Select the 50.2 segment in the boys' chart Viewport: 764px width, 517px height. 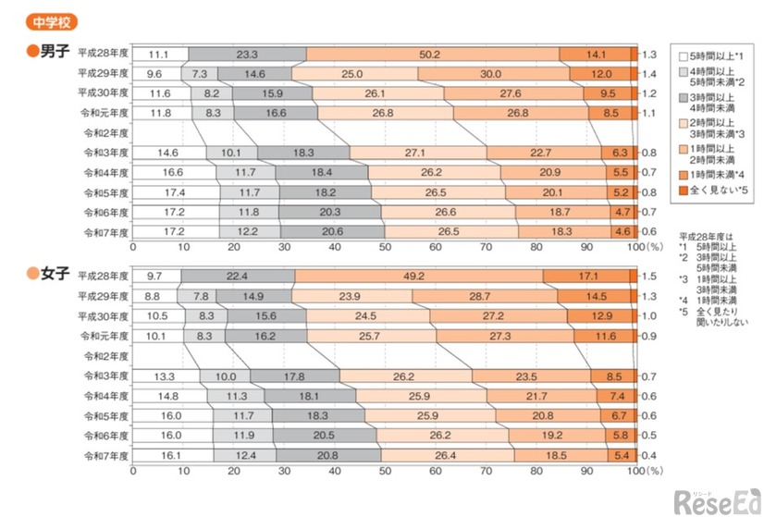432,55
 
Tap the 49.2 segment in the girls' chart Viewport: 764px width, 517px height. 418,276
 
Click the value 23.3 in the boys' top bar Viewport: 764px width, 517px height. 247,55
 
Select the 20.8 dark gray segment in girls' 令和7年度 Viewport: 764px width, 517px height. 328,455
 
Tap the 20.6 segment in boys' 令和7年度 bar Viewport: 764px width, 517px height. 331,232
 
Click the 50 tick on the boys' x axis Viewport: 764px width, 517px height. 385,248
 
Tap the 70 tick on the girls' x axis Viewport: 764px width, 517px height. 485,470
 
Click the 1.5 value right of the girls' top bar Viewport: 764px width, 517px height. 650,276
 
